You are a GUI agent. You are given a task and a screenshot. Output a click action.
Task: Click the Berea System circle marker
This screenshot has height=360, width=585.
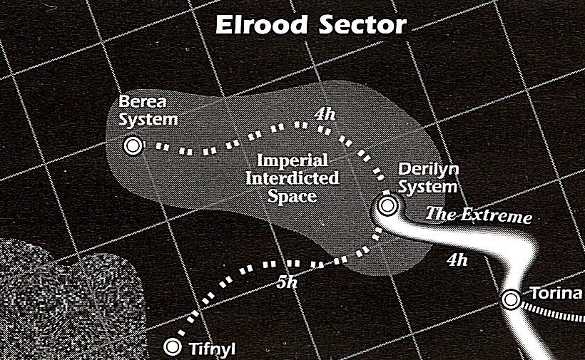tap(132, 145)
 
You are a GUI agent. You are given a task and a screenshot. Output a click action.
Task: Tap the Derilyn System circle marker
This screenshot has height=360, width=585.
tap(387, 206)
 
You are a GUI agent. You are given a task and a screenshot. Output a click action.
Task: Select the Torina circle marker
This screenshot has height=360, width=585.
tap(511, 299)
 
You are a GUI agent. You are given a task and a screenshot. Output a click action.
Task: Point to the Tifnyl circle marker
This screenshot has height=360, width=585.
tap(172, 347)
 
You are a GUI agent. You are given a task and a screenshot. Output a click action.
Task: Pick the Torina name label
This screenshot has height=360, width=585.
tap(556, 294)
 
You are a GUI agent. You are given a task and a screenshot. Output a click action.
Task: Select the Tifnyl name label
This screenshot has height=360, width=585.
tap(213, 349)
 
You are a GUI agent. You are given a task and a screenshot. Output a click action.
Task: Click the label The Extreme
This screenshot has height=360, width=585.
tap(479, 215)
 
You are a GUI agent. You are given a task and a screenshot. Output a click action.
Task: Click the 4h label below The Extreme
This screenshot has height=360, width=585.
tap(457, 259)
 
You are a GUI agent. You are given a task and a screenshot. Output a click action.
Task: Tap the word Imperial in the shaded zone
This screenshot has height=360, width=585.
tap(292, 160)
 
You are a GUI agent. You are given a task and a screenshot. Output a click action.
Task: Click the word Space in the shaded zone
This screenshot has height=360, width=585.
tap(292, 195)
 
